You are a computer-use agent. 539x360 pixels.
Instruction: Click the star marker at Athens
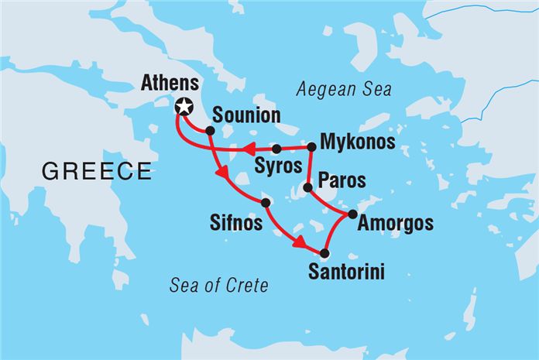pos(184,108)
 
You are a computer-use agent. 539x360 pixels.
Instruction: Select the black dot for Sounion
pos(210,131)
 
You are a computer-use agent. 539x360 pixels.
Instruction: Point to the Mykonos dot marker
pos(311,146)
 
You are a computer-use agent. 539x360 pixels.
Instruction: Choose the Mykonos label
pos(357,143)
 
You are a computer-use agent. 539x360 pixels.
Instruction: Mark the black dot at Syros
pos(276,149)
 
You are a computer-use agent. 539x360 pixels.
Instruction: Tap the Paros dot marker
pos(307,187)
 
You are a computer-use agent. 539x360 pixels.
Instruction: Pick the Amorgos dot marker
pos(352,214)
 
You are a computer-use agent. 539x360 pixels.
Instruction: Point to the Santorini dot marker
pos(324,253)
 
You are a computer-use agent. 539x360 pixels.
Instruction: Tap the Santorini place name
pos(345,272)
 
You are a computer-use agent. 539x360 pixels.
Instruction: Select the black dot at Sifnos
pos(266,203)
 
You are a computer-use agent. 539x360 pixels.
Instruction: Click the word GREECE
pos(97,172)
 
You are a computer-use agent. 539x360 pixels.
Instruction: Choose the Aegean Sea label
pos(344,90)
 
